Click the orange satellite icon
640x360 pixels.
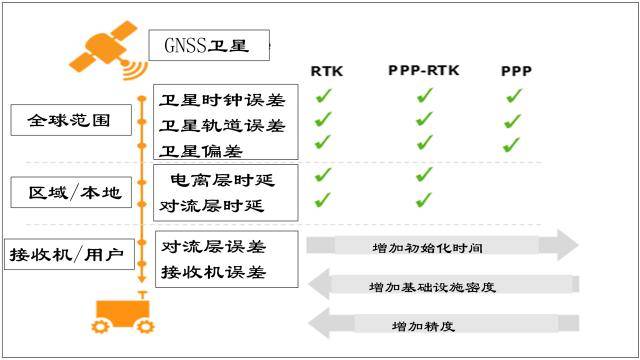[105, 49]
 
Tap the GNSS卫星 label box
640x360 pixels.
[209, 45]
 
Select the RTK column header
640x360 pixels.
[327, 71]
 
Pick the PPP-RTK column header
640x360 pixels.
[424, 70]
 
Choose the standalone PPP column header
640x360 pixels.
[516, 71]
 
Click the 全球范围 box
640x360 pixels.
[71, 120]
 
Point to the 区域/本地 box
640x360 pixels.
[71, 192]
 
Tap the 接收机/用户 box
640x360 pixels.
[69, 254]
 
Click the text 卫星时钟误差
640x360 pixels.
[222, 100]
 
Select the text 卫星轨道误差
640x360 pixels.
[222, 126]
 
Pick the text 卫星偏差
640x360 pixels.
[201, 151]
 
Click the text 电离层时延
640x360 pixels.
[222, 180]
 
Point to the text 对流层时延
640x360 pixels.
[211, 205]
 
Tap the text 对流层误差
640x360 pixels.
[213, 247]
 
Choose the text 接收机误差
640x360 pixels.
[213, 272]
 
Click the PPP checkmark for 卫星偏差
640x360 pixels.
[511, 144]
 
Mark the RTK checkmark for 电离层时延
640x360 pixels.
[323, 175]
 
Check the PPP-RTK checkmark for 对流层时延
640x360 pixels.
[424, 200]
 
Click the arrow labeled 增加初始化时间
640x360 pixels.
[442, 245]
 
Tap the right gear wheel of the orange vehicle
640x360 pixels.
[145, 326]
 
